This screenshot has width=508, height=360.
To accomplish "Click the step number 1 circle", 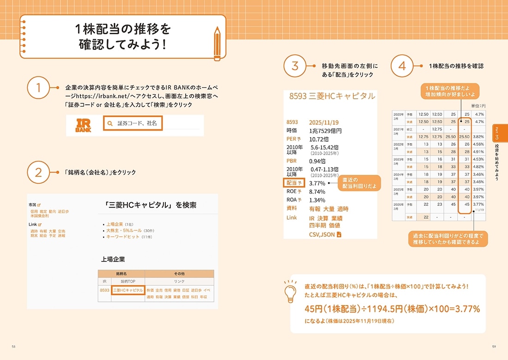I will (x=39, y=88).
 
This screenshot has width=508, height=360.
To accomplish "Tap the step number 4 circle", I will (x=402, y=66).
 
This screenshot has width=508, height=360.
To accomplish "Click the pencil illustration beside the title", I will (x=217, y=44).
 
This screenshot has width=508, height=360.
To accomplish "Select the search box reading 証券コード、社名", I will (x=133, y=123).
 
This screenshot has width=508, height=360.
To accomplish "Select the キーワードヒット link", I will (x=122, y=237).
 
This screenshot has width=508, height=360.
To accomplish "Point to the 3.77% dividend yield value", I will (x=317, y=183).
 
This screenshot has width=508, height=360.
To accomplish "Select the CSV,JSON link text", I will (x=322, y=234).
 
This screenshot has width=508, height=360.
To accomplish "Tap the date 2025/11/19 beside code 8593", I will (x=324, y=122).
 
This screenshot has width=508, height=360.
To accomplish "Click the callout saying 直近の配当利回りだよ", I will (x=359, y=183).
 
